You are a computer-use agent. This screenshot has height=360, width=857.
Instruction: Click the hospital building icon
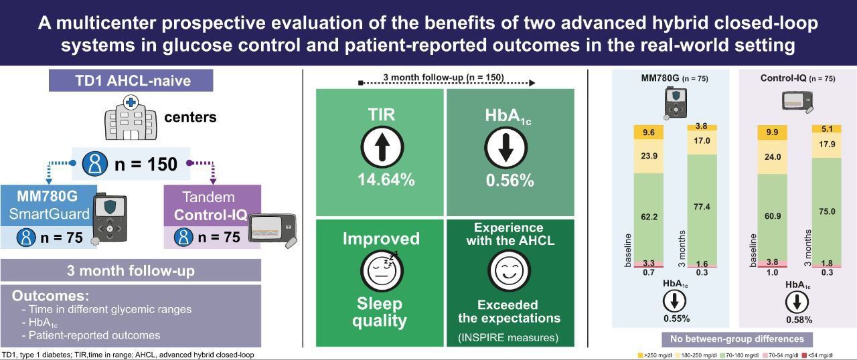pos(131,118)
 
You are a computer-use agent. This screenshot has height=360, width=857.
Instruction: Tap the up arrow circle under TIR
pos(382,147)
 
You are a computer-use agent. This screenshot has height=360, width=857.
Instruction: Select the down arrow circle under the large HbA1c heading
pos(505,148)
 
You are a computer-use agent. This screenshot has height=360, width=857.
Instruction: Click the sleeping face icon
pos(382,270)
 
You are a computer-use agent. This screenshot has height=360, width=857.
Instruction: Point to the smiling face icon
pos(510,270)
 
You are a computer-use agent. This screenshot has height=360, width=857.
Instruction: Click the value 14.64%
pos(386,179)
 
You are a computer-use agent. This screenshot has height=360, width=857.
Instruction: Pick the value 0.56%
pos(510,180)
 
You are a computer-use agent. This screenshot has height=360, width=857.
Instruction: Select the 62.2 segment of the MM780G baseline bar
pos(649,217)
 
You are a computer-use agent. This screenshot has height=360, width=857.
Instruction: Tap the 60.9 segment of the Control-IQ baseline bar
pos(773,217)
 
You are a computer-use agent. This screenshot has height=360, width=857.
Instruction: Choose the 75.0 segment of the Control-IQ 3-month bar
pos(827,211)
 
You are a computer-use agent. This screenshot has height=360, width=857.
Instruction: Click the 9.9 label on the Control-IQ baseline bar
pos(772,132)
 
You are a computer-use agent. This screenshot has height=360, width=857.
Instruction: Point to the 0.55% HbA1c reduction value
pos(676,319)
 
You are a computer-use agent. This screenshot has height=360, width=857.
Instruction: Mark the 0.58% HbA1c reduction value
pos(799,319)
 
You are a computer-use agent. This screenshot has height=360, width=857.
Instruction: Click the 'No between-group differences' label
pos(737,339)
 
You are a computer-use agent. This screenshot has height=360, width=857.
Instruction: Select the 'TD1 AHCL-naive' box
pos(131,81)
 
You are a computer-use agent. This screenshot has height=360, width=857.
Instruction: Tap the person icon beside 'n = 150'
pos(95,164)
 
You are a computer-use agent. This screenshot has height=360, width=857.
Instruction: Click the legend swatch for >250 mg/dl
pos(641,355)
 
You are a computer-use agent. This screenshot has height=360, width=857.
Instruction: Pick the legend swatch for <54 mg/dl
pos(804,355)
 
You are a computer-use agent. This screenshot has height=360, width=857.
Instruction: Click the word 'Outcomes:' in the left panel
pos(50,296)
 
